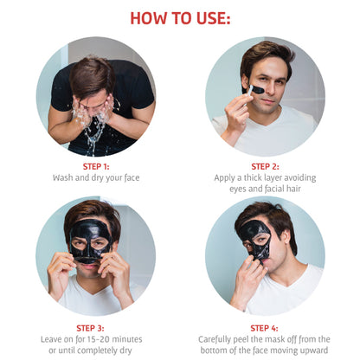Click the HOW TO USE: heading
pos(180,18)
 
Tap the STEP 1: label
pos(96,167)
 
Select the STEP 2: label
pos(265,167)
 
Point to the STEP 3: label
pos(90,328)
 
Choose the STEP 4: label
pos(264,328)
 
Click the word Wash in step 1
pos(62,177)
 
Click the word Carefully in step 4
pos(215,340)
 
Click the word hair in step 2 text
pos(293,189)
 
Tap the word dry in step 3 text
pos(125,351)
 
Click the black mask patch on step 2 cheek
pos(255,89)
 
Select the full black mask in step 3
pos(90,241)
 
